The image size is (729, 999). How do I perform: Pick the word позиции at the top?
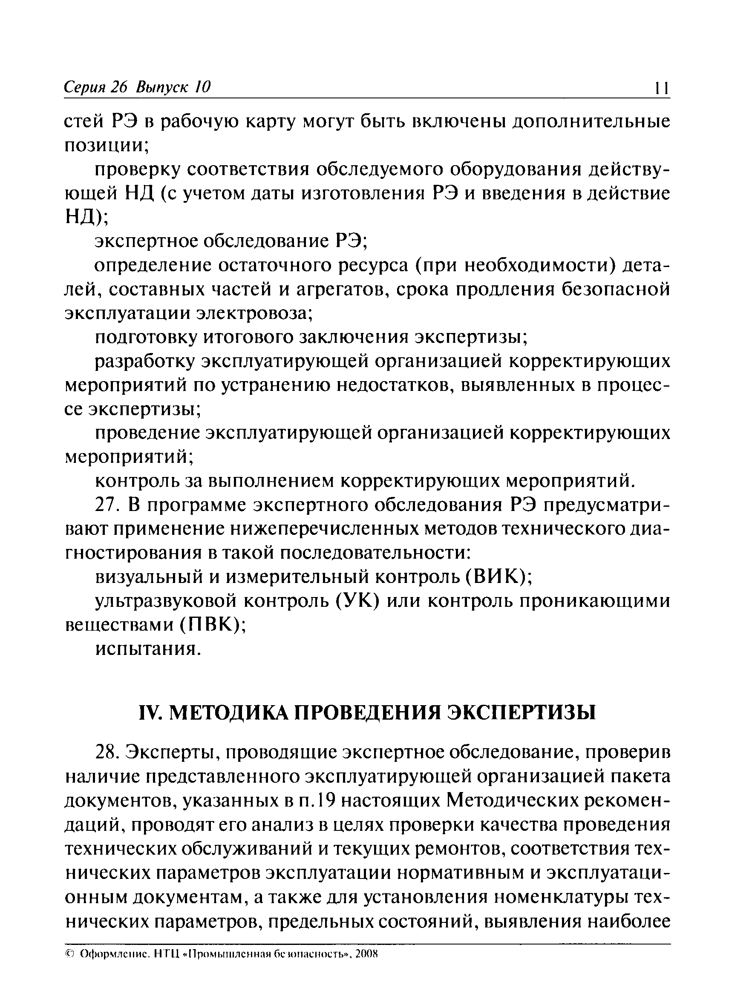click(x=106, y=146)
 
